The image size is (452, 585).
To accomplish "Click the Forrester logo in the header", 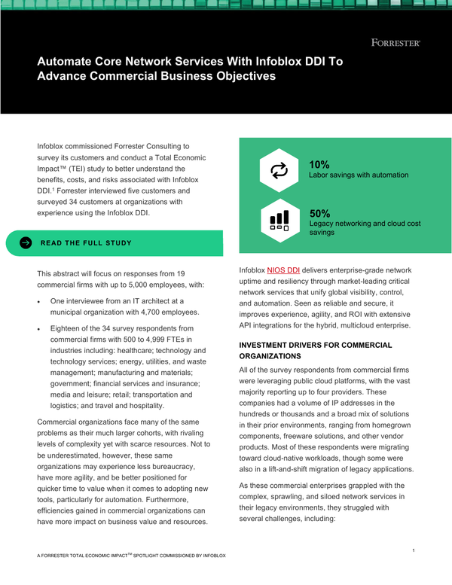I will tap(395, 43).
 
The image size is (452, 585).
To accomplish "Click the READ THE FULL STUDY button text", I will tap(86, 243).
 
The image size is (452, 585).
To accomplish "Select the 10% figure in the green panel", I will tap(319, 165).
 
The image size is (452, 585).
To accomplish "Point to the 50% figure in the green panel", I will tap(319, 213).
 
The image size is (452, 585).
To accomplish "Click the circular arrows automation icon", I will tap(279, 171).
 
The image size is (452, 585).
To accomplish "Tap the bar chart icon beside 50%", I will tap(279, 219).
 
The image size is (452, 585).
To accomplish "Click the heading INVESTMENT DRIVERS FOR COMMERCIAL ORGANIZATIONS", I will tap(315, 350).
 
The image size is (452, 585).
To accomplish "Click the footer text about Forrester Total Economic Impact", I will tap(131, 556).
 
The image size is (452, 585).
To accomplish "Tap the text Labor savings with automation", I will tap(359, 175).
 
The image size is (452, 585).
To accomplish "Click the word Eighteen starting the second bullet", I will tap(69, 329).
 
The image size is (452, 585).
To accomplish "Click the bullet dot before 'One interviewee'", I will tap(39, 301).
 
